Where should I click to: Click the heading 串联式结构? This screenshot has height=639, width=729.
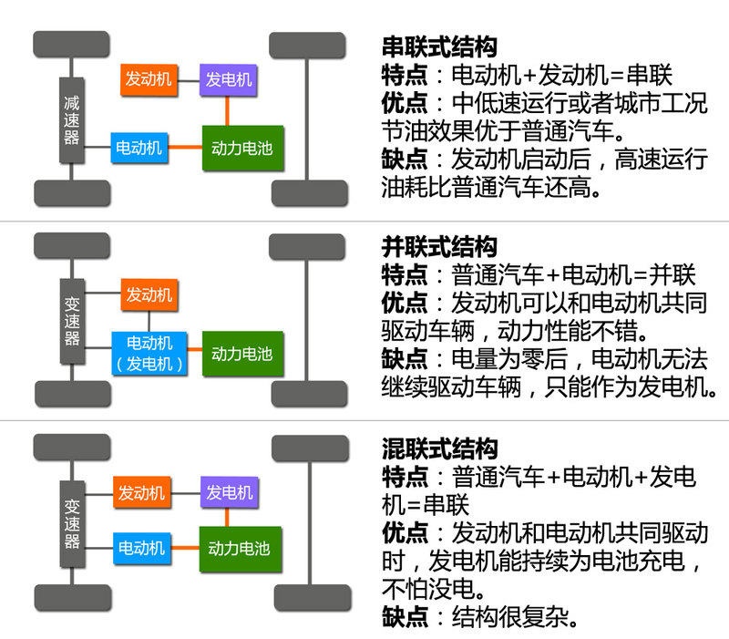[x=439, y=47]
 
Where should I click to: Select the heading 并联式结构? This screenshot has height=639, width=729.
[x=439, y=246]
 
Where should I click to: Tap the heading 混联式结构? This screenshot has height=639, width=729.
[x=439, y=448]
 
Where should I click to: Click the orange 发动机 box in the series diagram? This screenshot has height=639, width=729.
[x=147, y=79]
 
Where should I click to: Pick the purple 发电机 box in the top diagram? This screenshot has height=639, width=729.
[x=230, y=79]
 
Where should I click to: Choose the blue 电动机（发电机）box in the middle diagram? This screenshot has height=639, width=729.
[x=149, y=354]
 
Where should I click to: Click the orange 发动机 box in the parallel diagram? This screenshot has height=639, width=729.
[x=149, y=294]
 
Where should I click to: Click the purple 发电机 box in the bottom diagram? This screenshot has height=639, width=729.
[x=228, y=492]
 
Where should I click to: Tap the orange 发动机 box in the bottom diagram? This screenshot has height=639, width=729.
[x=141, y=492]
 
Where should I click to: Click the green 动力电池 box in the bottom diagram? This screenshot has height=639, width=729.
[x=239, y=549]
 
